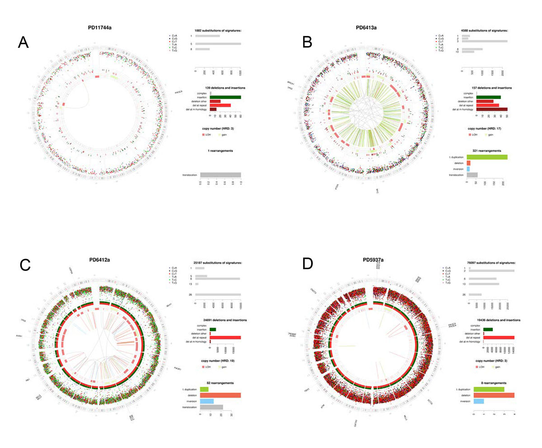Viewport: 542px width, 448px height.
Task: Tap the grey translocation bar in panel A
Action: click(220, 175)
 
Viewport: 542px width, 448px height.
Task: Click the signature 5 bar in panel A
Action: click(218, 44)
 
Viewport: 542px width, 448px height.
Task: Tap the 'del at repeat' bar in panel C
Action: click(225, 337)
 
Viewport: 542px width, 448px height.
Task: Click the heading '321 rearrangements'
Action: click(486, 150)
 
